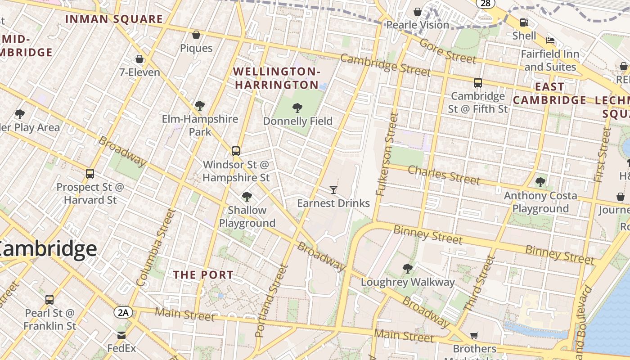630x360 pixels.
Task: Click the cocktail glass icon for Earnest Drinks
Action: point(333,190)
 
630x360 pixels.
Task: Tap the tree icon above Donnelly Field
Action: point(297,108)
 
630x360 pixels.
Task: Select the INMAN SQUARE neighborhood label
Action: point(114,19)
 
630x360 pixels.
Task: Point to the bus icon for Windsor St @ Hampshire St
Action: point(236,151)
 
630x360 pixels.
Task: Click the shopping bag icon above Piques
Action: point(196,35)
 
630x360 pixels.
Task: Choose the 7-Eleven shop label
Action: point(139,72)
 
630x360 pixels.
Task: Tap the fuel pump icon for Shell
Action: point(524,22)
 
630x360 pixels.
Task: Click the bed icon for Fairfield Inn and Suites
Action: point(550,40)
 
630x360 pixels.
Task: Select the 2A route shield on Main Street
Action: point(123,312)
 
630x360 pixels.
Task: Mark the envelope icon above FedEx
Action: point(121,335)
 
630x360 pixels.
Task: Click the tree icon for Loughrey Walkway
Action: point(408,269)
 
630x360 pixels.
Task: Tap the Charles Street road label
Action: point(444,175)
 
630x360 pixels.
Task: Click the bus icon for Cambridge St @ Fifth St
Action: point(478,83)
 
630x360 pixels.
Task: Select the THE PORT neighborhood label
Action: point(203,274)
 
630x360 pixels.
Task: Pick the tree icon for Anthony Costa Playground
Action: point(540,182)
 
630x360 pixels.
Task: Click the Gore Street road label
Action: point(447,51)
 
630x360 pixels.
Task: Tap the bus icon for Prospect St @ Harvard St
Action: point(90,174)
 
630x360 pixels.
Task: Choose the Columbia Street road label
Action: point(155,247)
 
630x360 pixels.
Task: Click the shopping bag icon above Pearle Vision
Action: point(418,11)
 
